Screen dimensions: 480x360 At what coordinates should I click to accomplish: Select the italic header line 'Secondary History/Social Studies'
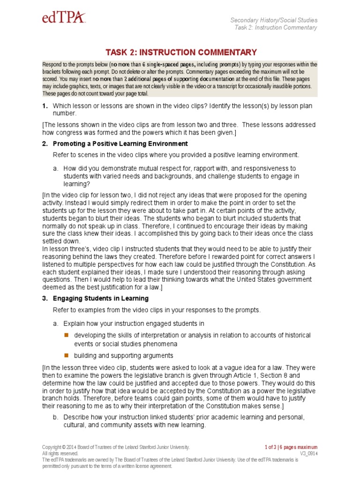coord(274,20)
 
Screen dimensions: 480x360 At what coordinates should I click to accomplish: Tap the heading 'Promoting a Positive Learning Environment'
coord(120,144)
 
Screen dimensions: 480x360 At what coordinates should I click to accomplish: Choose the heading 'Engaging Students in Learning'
coord(101,299)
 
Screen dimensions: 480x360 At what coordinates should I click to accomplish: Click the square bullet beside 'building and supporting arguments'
coord(67,355)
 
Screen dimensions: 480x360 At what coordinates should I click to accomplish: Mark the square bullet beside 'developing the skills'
coord(67,336)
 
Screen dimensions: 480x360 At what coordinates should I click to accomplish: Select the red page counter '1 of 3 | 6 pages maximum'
coord(290,447)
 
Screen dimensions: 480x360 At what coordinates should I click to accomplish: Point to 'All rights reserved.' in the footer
coord(60,454)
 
